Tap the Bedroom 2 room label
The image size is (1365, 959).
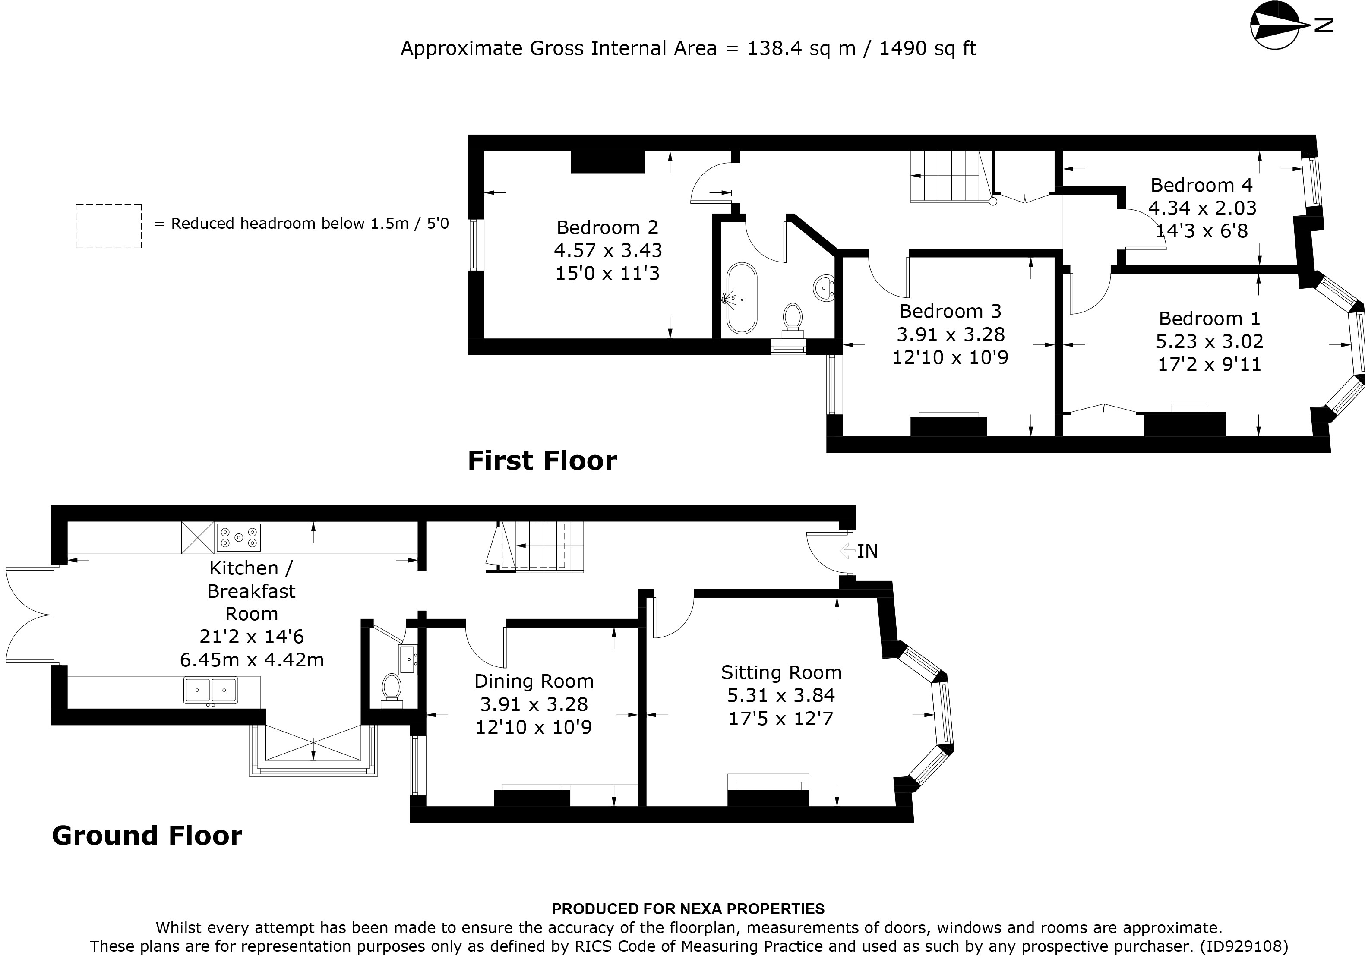(x=607, y=227)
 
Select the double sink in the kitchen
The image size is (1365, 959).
(x=211, y=690)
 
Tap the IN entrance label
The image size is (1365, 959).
(x=867, y=551)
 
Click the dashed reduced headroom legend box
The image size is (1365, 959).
(x=109, y=226)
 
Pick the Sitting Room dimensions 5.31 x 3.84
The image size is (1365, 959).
(x=780, y=695)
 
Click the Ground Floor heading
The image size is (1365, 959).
(x=147, y=835)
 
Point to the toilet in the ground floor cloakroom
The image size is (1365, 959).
(x=391, y=688)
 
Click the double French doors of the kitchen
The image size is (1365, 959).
(x=30, y=614)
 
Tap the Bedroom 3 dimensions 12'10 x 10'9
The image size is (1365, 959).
(x=950, y=357)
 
